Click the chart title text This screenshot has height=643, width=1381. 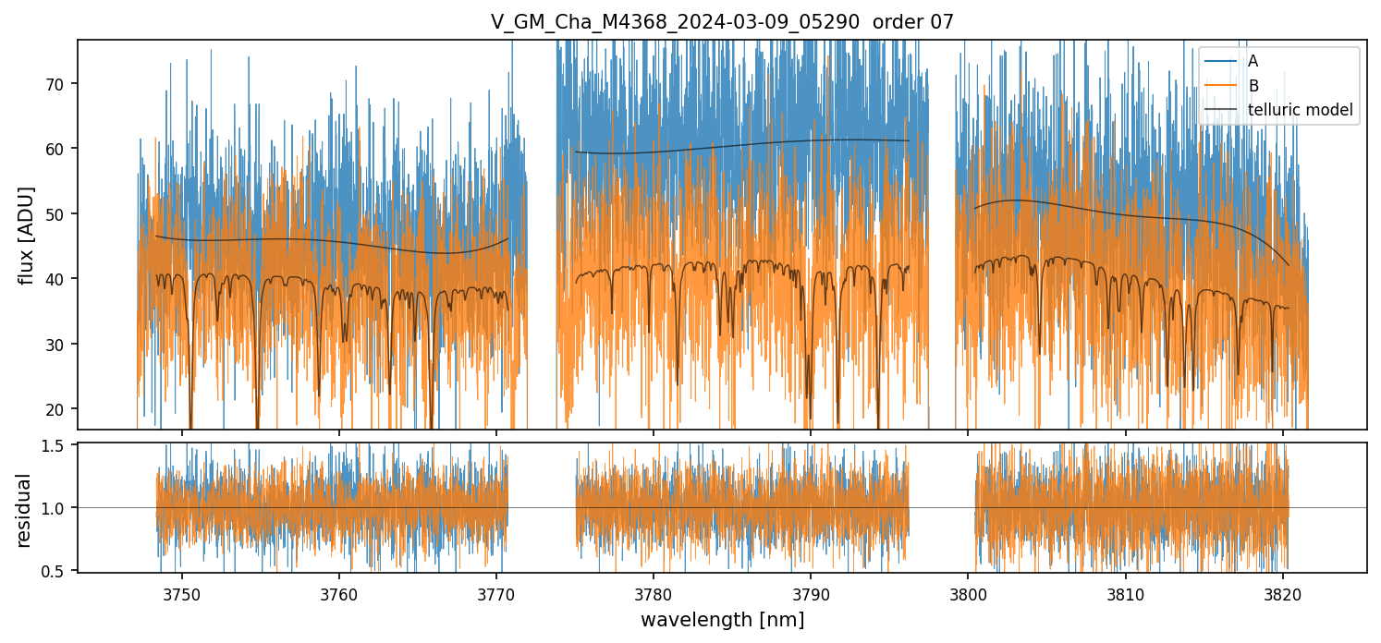(x=722, y=22)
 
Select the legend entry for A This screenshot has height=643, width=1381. (x=1253, y=61)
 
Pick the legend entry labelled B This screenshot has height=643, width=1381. (x=1253, y=86)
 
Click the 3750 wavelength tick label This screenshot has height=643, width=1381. (x=181, y=592)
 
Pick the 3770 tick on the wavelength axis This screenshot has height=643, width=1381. (x=495, y=592)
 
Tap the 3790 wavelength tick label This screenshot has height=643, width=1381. (x=810, y=592)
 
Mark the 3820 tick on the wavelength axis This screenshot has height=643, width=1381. (x=1282, y=592)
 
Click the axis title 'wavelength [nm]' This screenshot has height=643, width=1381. (x=722, y=619)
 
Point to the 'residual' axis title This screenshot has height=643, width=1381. (x=24, y=509)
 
